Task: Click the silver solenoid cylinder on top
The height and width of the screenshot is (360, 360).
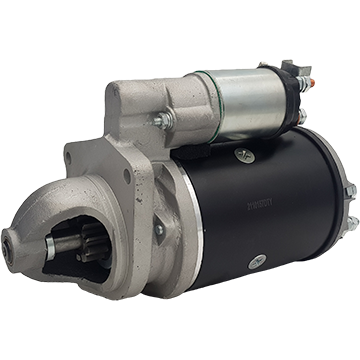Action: coord(240,99)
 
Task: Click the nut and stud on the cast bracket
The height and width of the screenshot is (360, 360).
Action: coord(160,123)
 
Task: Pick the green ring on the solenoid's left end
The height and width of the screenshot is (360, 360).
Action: coord(196,95)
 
